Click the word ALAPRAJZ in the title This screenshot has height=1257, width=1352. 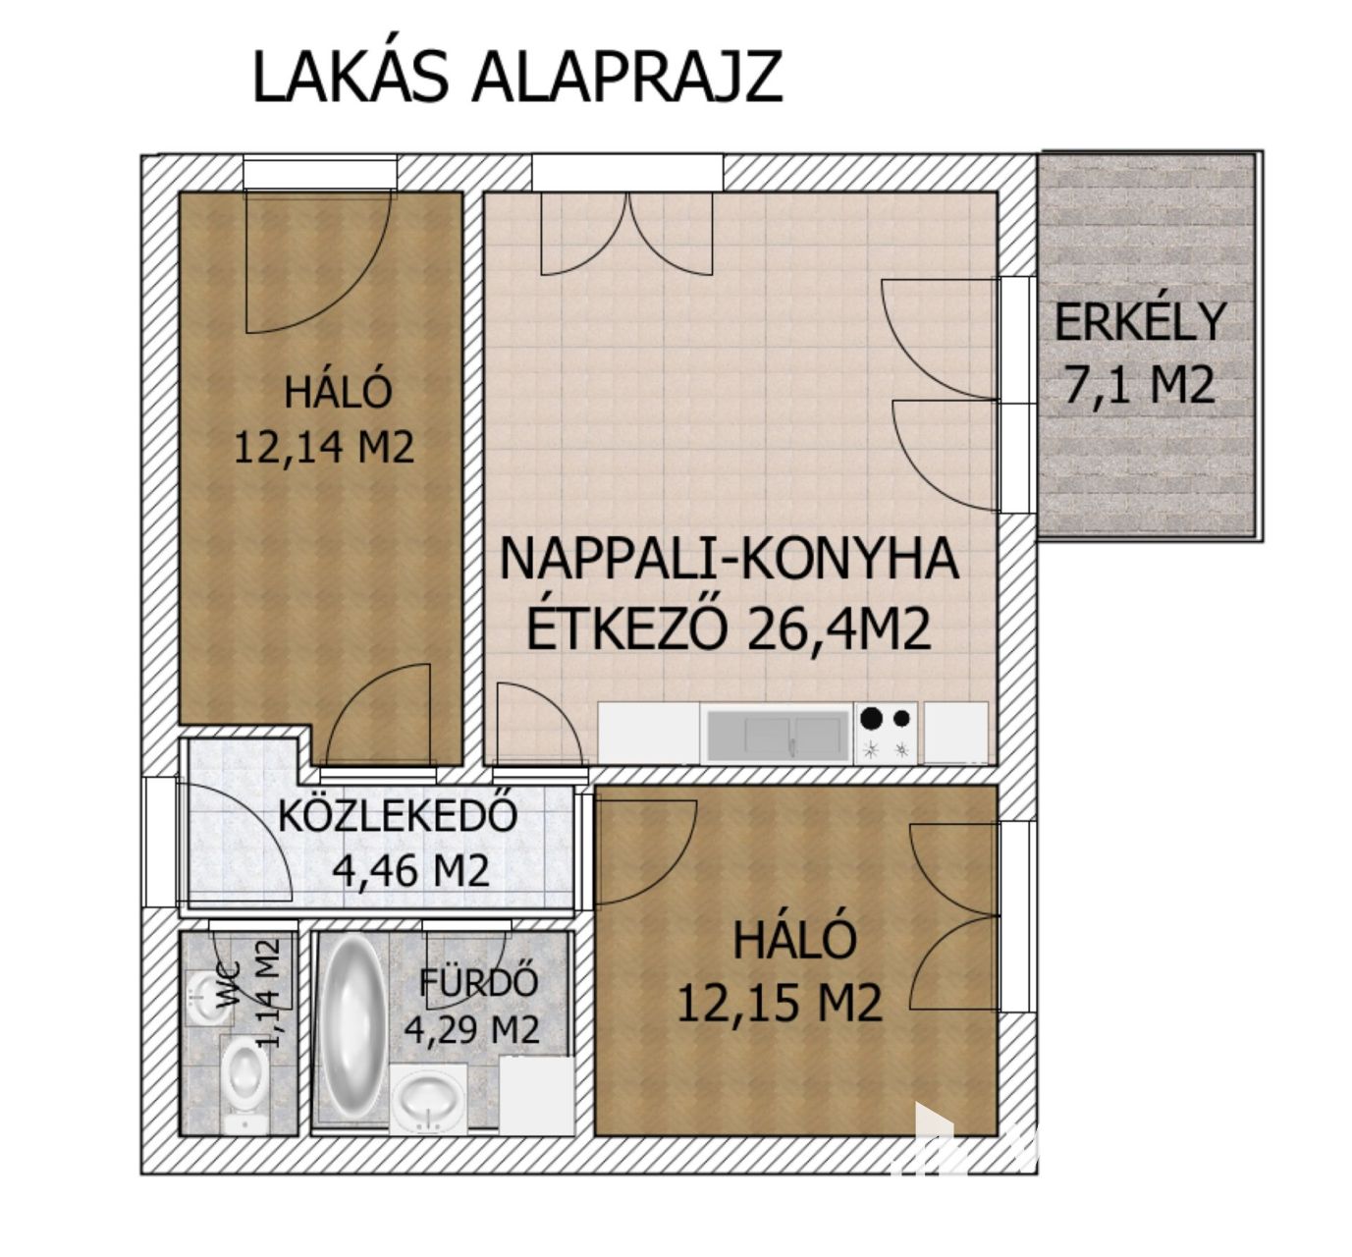point(627,78)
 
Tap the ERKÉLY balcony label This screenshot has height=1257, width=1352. point(1140,322)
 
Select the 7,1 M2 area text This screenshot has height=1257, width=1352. point(1139,385)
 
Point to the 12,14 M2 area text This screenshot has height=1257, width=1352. point(324,448)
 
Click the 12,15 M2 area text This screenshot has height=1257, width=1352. point(781,1003)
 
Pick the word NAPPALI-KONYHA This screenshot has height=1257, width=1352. point(730,559)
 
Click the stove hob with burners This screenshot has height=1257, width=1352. point(886,734)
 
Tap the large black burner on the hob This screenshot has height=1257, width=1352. point(871,718)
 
